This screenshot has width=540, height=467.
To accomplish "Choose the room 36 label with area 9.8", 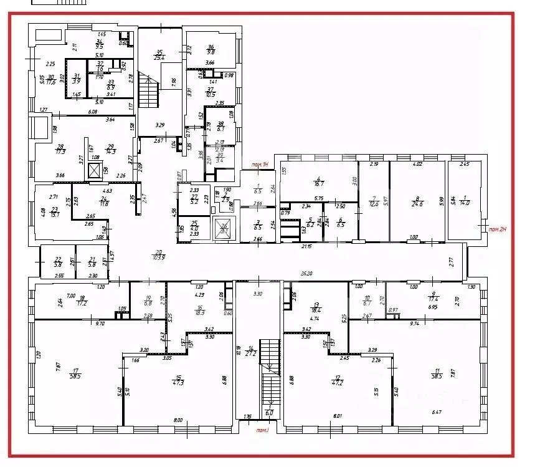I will (211, 50).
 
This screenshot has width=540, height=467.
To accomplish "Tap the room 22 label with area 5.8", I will (59, 262).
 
